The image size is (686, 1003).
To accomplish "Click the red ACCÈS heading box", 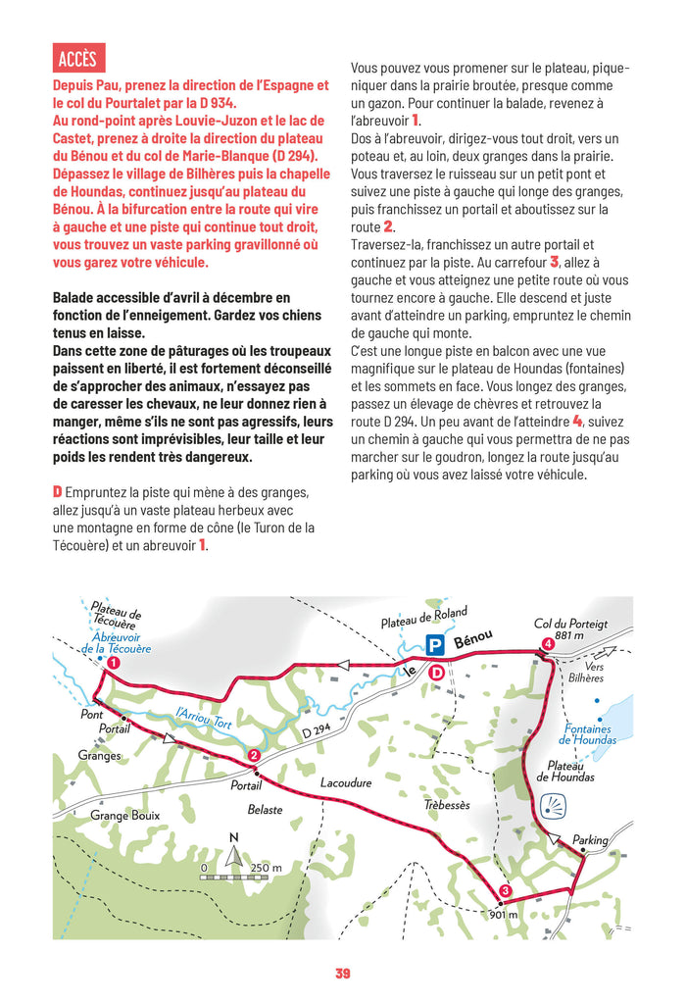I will (78, 59).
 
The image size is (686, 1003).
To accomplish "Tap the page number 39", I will (342, 974).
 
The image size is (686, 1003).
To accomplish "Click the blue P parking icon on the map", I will (434, 644).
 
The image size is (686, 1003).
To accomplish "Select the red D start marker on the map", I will (437, 673).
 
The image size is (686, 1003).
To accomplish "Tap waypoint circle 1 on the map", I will (113, 664).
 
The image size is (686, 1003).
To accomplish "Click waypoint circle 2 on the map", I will (254, 755).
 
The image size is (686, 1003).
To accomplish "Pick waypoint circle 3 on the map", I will (504, 891).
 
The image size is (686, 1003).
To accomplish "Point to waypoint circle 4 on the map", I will (547, 644).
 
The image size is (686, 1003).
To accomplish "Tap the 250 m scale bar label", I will (265, 868).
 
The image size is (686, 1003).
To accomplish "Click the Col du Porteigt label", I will (570, 624).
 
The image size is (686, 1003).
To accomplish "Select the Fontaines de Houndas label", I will (590, 734).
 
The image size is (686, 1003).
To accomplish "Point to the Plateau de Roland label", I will (423, 619).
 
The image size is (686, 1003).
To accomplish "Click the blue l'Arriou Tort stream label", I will (204, 722).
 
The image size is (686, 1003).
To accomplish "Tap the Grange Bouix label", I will (124, 815).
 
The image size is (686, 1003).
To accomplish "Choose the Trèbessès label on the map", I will (447, 805).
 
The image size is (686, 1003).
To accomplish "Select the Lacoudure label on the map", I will (346, 783).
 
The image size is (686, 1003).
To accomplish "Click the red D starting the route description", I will (58, 490).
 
